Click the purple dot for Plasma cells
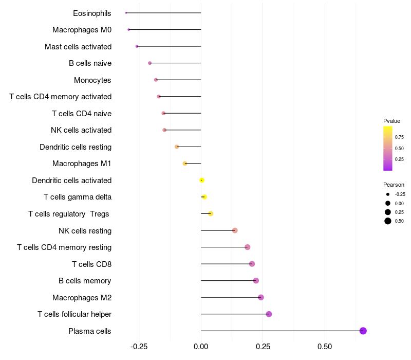(363, 331)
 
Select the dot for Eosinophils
(126, 13)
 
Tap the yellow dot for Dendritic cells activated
(202, 181)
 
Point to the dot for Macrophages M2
(261, 297)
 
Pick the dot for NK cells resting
(235, 230)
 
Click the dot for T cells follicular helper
(269, 314)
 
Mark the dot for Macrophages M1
(185, 164)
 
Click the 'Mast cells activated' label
(78, 47)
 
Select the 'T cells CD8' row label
(92, 264)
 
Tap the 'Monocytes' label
(92, 80)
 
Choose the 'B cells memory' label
(85, 281)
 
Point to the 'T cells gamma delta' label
(78, 197)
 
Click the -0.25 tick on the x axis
(139, 347)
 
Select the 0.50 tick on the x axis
(325, 347)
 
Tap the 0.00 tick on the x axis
(201, 347)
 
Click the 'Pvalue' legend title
(391, 121)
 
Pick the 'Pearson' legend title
(394, 185)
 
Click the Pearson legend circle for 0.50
(388, 221)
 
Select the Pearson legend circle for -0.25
(388, 194)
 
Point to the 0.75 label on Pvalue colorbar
(399, 137)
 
